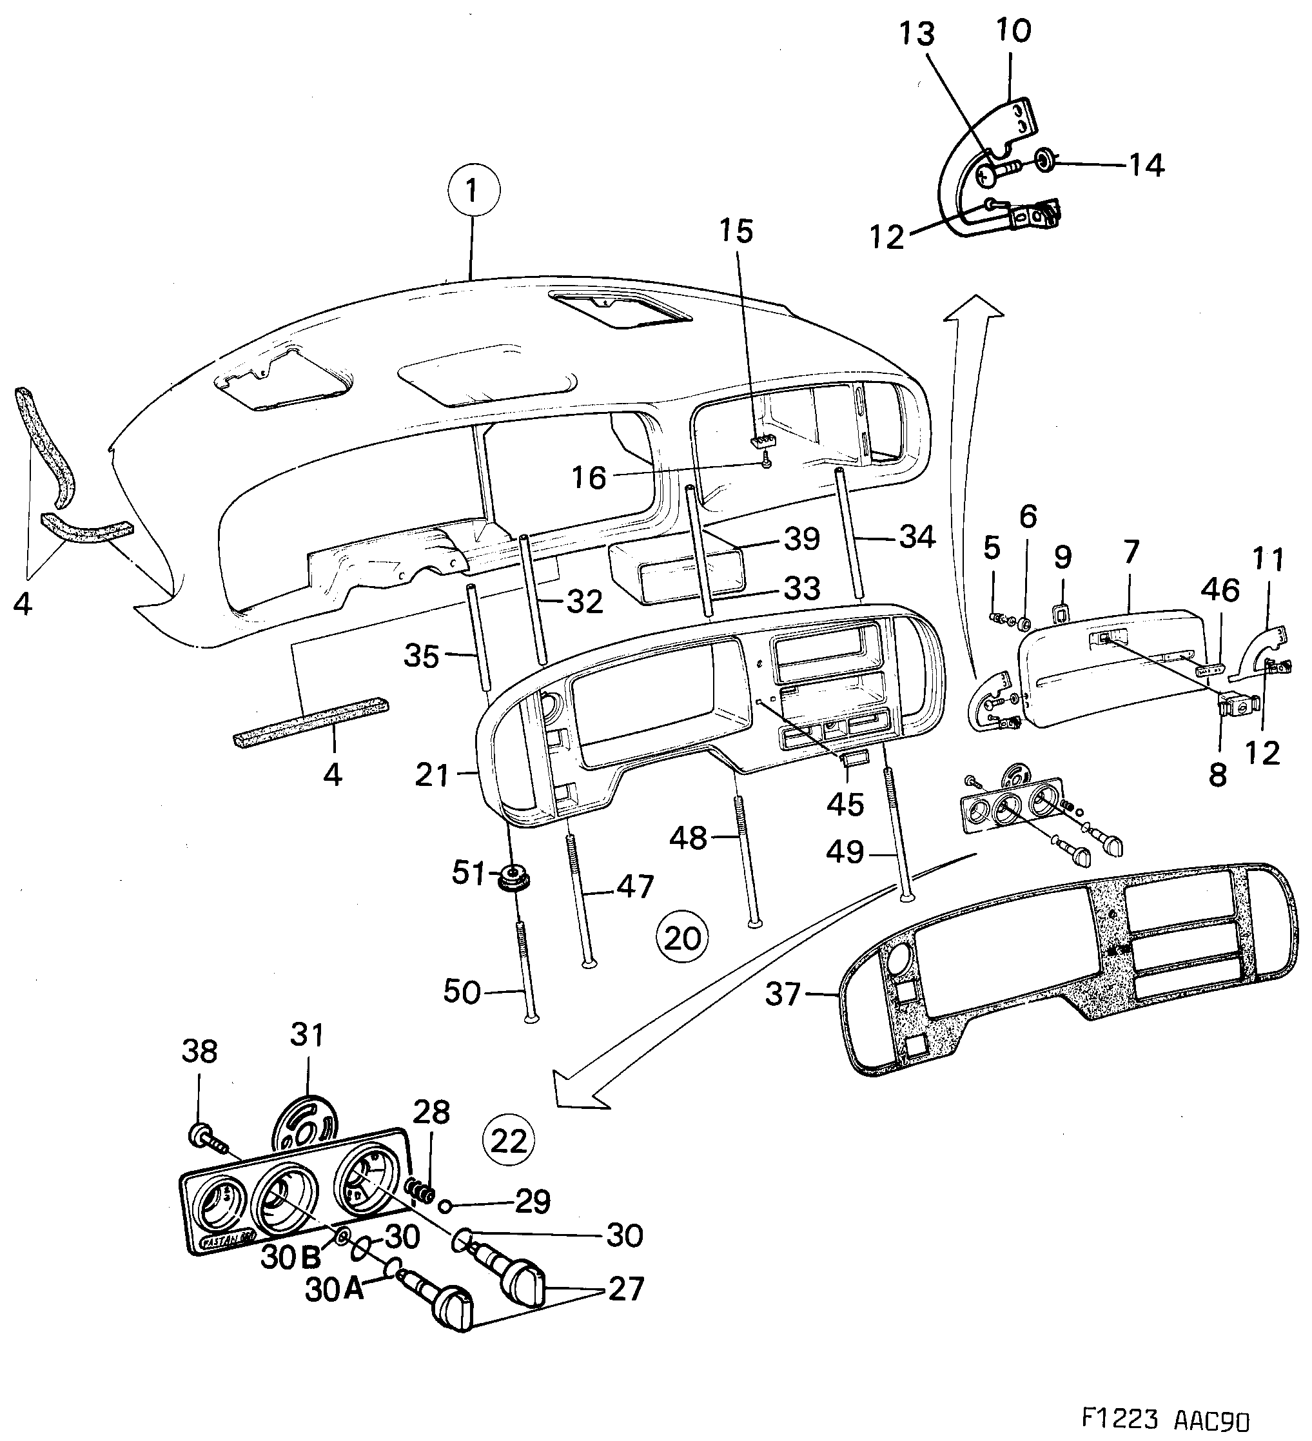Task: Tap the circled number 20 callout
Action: click(683, 938)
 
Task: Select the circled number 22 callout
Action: click(509, 1141)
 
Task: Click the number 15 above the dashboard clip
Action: click(737, 231)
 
